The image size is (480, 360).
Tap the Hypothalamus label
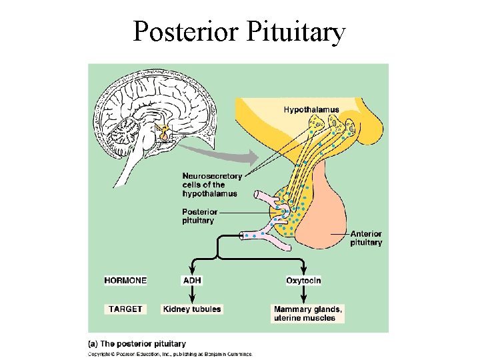311,109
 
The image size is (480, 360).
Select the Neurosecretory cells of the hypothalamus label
213,185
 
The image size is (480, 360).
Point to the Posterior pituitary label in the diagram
199,216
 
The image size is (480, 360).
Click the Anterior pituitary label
366,238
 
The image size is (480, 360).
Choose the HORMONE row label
125,281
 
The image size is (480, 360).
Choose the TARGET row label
125,309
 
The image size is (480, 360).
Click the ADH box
191,281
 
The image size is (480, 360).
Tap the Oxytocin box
303,281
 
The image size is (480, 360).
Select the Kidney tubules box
192,309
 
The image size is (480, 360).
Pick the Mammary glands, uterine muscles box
308,313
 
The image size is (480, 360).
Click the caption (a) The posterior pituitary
137,344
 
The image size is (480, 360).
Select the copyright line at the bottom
170,354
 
